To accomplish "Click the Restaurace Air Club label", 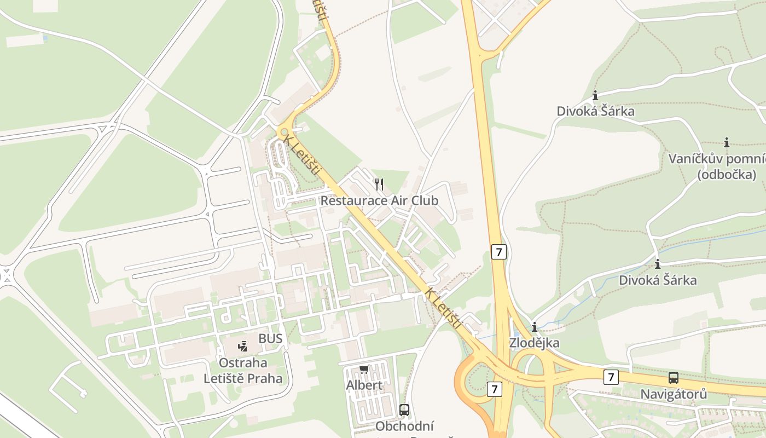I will [x=379, y=200].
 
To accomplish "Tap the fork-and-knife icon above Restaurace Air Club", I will [x=379, y=184].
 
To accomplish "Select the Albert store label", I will [x=364, y=385].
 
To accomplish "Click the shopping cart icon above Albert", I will [x=364, y=370].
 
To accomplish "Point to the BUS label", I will [x=271, y=338].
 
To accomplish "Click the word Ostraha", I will [x=243, y=362].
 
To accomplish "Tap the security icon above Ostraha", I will [x=243, y=346].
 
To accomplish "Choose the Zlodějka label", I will [x=534, y=343].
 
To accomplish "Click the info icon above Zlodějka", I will [x=535, y=327].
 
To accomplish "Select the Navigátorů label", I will [x=674, y=394].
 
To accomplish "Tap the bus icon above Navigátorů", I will [x=674, y=378].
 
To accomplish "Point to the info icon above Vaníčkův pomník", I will [x=727, y=143].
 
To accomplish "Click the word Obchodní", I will [x=405, y=426].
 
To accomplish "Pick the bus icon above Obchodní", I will [x=404, y=410].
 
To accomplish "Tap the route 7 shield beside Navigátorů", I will [x=612, y=377].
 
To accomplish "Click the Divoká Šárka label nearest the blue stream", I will [x=658, y=280].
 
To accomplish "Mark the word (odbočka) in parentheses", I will [x=727, y=175].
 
